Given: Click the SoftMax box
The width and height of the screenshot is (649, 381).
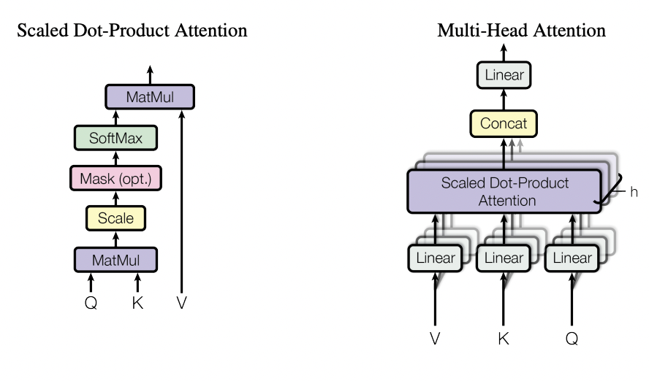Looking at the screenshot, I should (x=115, y=136).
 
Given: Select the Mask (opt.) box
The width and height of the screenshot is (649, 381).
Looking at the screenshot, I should (x=115, y=177).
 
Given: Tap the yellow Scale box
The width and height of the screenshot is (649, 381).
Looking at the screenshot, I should (x=115, y=217).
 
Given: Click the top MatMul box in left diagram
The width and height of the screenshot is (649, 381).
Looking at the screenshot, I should (x=150, y=96).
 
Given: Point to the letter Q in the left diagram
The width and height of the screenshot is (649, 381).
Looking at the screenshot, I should (x=91, y=302).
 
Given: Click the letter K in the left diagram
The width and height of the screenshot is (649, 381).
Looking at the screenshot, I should (x=137, y=302).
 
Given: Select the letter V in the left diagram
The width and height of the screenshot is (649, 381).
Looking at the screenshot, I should (x=182, y=302).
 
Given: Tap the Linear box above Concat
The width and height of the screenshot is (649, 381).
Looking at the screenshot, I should (x=504, y=74).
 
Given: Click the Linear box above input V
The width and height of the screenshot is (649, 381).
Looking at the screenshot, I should (x=436, y=258).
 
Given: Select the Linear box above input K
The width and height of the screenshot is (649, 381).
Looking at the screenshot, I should (x=504, y=258).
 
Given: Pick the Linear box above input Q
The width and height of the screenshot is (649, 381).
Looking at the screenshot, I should (x=572, y=258).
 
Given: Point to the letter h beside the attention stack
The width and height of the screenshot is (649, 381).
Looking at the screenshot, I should (x=634, y=192).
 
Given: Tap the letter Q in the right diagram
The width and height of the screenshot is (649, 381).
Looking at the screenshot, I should (x=572, y=339).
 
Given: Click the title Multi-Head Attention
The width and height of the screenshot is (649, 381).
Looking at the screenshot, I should (x=521, y=31).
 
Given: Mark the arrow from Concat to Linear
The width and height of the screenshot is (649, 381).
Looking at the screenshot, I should (x=504, y=98).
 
